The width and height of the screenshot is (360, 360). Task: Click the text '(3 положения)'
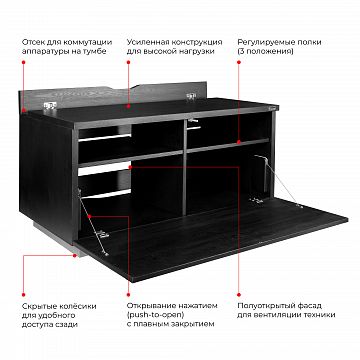(265, 52)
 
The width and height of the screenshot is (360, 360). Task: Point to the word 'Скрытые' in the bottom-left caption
(38, 306)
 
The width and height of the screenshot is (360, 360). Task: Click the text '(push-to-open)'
(155, 315)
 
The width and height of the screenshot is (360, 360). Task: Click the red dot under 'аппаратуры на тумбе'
(24, 62)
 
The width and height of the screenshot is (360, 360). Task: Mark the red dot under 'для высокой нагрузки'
(128, 62)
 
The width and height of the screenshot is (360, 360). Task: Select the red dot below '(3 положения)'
(239, 62)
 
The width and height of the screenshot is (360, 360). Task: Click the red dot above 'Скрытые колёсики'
(24, 295)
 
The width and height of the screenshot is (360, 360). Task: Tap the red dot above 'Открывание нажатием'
(128, 295)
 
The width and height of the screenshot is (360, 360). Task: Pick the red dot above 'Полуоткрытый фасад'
(239, 295)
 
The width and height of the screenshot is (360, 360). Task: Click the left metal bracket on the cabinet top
(50, 106)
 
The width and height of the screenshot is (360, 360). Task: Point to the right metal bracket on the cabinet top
(191, 96)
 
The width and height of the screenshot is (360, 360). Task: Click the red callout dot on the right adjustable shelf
(239, 142)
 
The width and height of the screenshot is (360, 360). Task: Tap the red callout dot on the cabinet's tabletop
(128, 106)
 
